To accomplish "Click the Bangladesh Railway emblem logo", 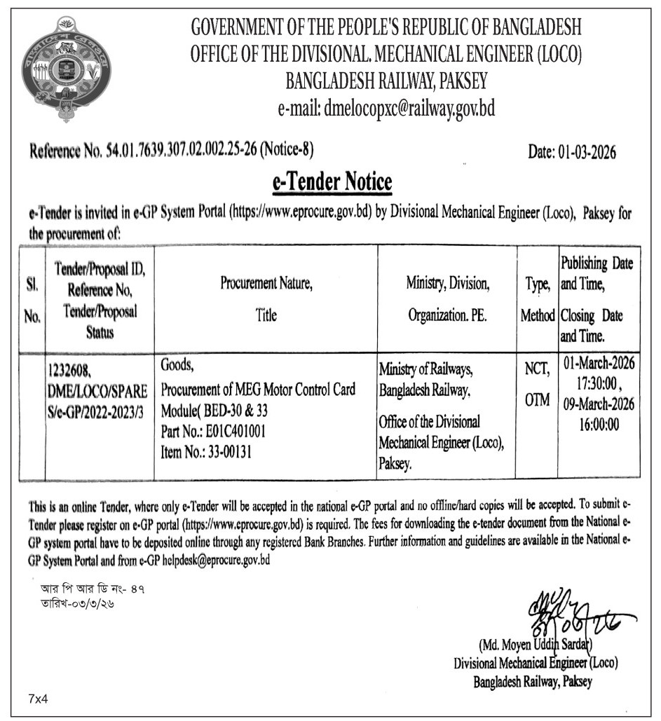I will click(x=66, y=71).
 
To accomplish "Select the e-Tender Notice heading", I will click(x=332, y=183).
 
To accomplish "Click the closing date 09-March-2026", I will click(x=599, y=404).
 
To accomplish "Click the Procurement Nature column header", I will click(x=266, y=284).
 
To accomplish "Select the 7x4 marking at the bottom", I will click(x=40, y=699).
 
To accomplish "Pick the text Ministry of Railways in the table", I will click(x=425, y=369).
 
